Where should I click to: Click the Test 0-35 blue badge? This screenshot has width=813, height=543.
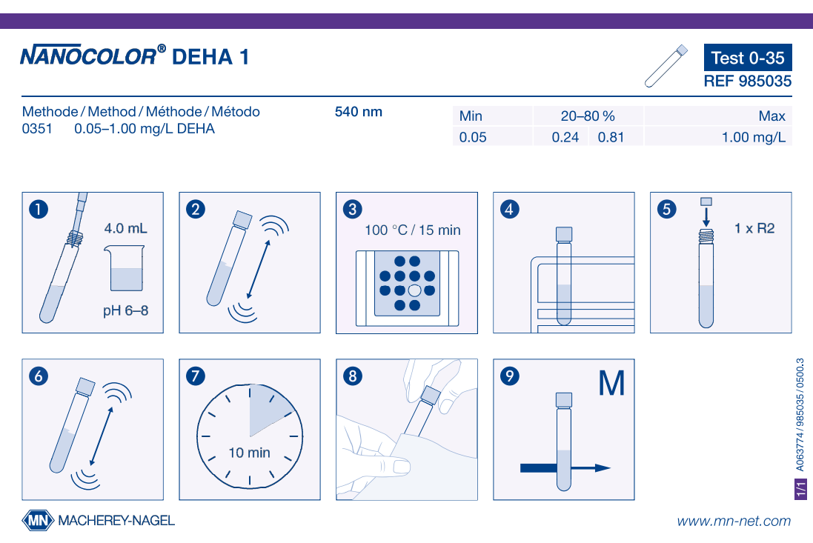[748, 58]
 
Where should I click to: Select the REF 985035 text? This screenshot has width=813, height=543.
[748, 81]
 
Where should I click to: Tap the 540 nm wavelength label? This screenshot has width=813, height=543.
[358, 112]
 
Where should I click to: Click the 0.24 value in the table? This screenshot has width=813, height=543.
[565, 137]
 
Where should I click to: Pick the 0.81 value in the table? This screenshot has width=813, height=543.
[611, 137]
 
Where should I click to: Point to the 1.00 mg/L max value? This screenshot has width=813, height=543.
[754, 137]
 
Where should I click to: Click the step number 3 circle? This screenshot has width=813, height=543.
[353, 210]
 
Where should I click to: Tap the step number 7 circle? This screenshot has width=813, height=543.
[196, 376]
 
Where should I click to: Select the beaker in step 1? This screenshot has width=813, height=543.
[125, 268]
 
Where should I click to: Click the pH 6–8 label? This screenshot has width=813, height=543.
[125, 311]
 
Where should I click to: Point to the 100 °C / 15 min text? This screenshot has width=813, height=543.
[413, 230]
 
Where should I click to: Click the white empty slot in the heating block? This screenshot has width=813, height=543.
[414, 290]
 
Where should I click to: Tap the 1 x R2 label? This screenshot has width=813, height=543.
[754, 228]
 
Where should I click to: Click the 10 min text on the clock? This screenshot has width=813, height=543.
[250, 453]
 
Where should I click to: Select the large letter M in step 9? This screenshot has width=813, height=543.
[611, 384]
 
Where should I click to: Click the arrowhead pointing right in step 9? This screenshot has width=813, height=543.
[603, 468]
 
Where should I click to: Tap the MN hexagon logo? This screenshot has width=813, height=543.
[38, 520]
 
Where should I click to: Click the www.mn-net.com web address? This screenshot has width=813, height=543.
[734, 521]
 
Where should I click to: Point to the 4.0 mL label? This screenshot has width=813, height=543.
[125, 228]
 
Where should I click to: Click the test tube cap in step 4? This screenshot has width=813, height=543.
[563, 234]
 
